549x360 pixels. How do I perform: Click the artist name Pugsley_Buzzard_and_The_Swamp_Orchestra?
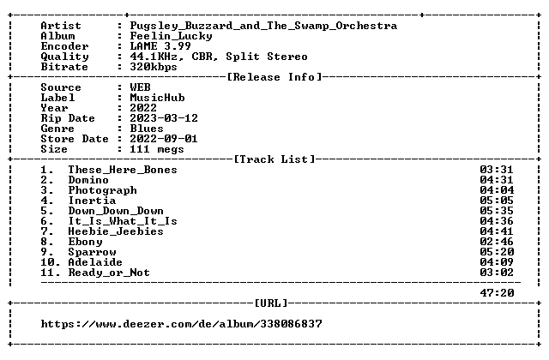(x=263, y=26)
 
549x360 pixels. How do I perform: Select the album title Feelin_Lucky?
(x=171, y=36)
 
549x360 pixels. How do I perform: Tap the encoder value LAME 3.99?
(x=160, y=46)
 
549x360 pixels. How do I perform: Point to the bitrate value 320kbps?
(x=154, y=67)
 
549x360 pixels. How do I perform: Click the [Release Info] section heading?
(x=274, y=77)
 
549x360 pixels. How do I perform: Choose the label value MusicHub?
(x=157, y=98)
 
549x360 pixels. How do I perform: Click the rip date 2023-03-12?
(x=164, y=118)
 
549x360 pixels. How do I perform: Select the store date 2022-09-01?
(x=164, y=139)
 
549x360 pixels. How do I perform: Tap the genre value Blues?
(x=147, y=129)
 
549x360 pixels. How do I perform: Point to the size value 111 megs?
(x=157, y=149)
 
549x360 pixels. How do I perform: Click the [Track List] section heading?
(x=274, y=159)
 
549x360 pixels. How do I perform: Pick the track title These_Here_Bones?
(x=123, y=170)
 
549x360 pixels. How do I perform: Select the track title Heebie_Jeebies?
(x=116, y=231)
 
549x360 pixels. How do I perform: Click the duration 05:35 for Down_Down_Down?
(x=497, y=211)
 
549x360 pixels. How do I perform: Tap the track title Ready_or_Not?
(x=109, y=273)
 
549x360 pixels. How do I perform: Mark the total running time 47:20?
(x=497, y=293)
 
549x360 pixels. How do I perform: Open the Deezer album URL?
(x=181, y=324)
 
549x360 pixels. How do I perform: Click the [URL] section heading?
(x=271, y=303)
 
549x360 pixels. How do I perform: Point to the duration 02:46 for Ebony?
(x=497, y=242)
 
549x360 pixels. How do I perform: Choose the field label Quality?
(x=65, y=57)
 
